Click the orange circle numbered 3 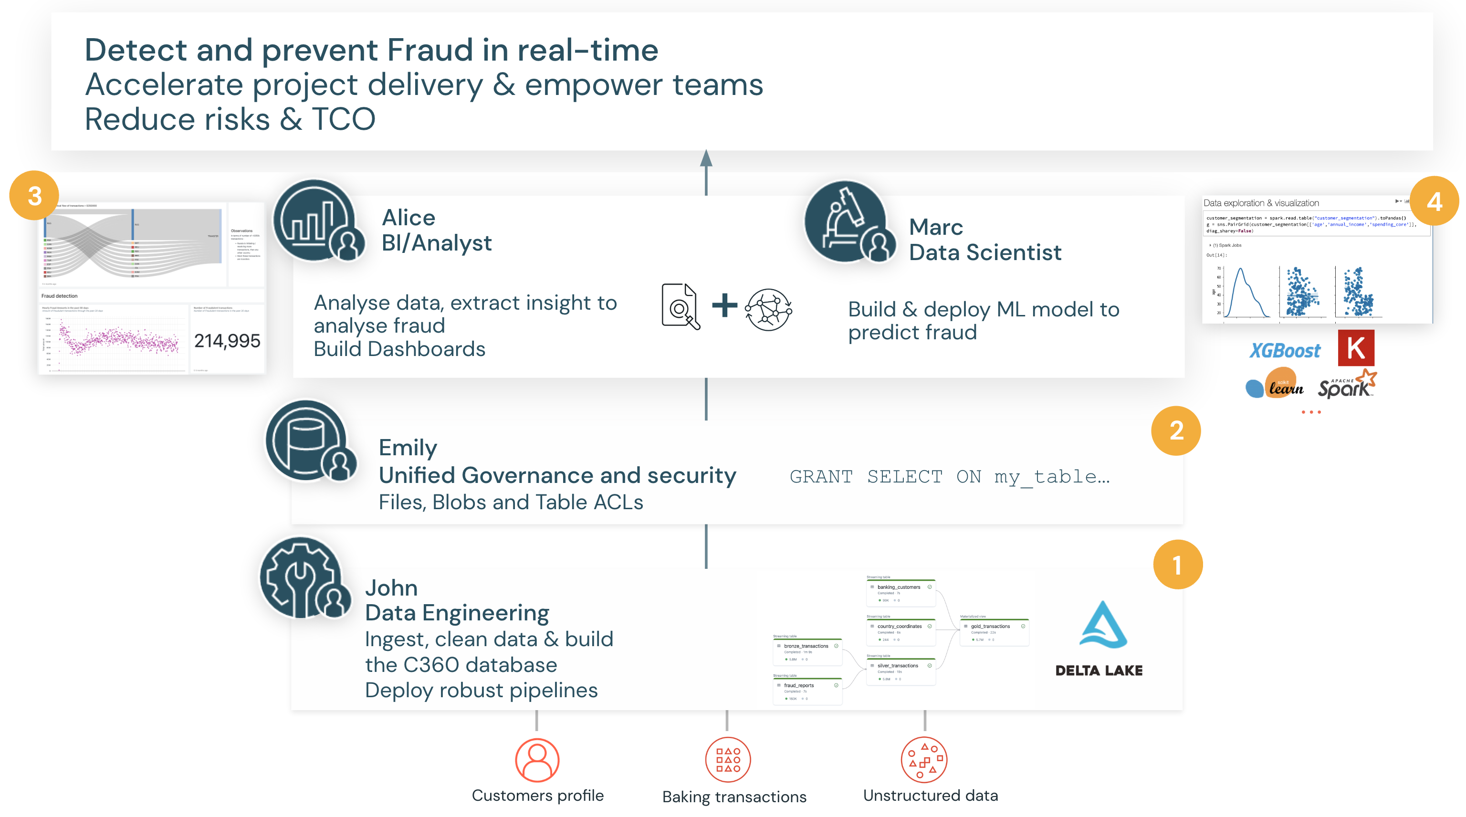pos(34,196)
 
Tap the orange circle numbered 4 pos(1434,201)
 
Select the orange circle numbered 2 pos(1176,430)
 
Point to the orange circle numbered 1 pos(1177,565)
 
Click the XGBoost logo pos(1285,350)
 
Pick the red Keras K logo pos(1356,347)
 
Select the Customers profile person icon pos(537,760)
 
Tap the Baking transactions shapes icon pos(728,760)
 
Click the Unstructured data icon pos(924,760)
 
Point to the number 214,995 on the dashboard pos(227,341)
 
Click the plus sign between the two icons pos(724,305)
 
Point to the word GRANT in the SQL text pos(821,476)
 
